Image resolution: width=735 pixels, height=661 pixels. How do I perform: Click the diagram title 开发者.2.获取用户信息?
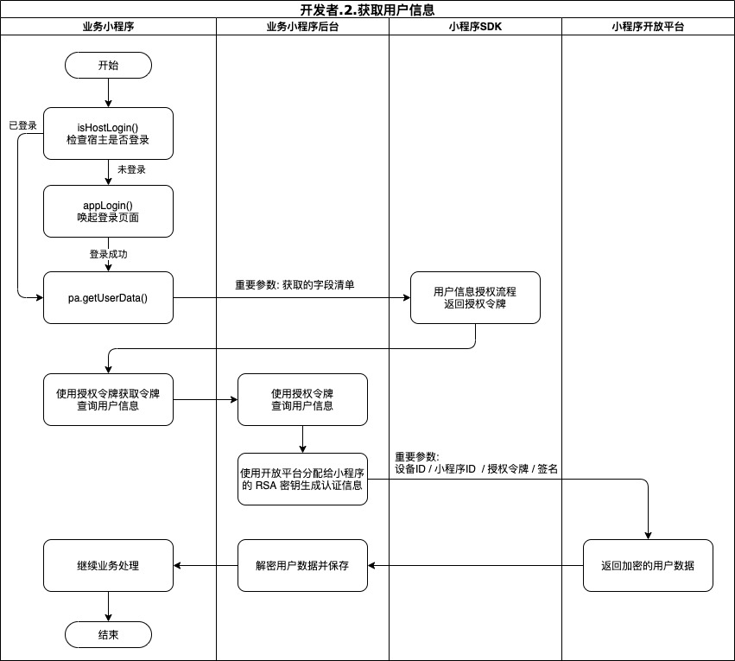tap(367, 10)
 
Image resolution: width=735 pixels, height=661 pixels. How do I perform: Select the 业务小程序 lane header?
tap(108, 27)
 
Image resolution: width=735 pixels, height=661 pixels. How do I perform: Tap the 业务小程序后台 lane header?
tap(302, 27)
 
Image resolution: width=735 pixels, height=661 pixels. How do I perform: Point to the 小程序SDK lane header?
tap(475, 27)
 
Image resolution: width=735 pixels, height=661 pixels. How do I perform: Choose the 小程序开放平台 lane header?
tap(648, 27)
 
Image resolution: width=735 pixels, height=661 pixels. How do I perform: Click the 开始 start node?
tap(108, 65)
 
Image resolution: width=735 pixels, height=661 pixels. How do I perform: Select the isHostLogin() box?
tap(108, 134)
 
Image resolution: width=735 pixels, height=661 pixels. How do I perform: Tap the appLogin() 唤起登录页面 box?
tap(108, 211)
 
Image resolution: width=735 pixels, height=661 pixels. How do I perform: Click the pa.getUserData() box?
tap(108, 298)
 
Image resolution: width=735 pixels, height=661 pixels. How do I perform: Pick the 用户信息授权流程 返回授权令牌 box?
tap(475, 298)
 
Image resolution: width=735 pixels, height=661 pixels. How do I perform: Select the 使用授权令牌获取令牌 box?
tap(108, 399)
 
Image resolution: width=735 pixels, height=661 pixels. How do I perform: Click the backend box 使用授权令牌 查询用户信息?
tap(302, 399)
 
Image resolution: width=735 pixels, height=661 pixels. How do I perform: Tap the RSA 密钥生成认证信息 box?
tap(302, 479)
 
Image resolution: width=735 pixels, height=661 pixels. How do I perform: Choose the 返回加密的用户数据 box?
tap(648, 565)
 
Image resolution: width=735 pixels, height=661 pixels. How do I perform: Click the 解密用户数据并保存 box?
tap(302, 565)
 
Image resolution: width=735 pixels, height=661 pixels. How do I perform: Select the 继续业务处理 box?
tap(108, 566)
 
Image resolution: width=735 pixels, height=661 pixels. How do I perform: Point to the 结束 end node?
tap(108, 634)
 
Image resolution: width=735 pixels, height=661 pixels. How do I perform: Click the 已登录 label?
tap(22, 125)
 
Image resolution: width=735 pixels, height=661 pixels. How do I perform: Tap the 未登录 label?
tap(131, 169)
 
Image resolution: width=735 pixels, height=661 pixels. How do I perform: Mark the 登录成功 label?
tap(109, 254)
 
